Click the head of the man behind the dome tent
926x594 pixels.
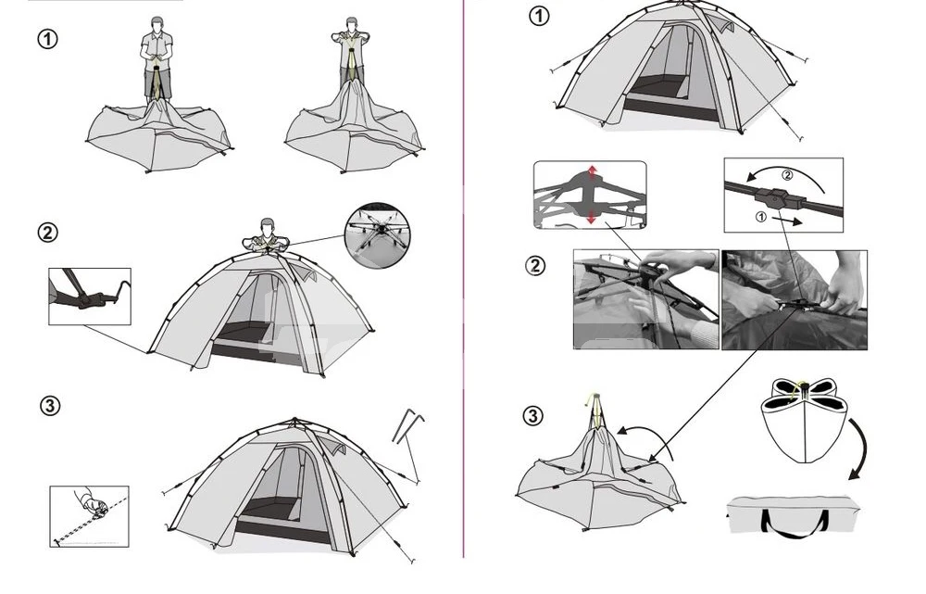pyautogui.click(x=267, y=226)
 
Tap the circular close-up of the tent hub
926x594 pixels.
pyautogui.click(x=377, y=236)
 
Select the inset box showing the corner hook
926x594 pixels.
pyautogui.click(x=90, y=297)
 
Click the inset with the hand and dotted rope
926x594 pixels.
pyautogui.click(x=89, y=516)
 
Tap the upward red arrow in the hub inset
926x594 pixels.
pyautogui.click(x=593, y=173)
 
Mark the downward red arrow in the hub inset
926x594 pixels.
pyautogui.click(x=592, y=217)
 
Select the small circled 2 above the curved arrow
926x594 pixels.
pyautogui.click(x=786, y=175)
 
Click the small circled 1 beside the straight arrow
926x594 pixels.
pyautogui.click(x=760, y=218)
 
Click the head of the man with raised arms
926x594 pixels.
pyautogui.click(x=352, y=25)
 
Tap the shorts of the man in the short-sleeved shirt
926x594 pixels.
pyautogui.click(x=157, y=83)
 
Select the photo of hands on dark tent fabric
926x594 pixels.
pyautogui.click(x=795, y=299)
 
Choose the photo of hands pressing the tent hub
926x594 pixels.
pyautogui.click(x=646, y=299)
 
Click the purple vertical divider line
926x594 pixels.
pyautogui.click(x=464, y=278)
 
